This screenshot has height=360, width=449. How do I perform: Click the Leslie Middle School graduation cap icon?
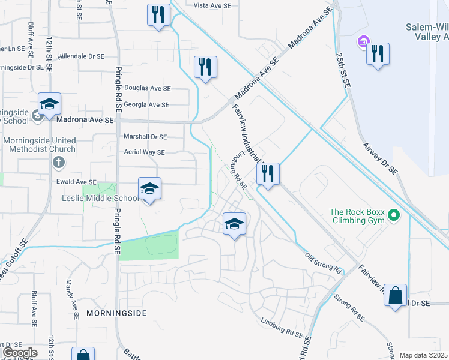(149, 189)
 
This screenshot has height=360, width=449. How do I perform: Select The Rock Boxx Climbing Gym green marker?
(394, 214)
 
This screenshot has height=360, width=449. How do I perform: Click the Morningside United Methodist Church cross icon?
(58, 162)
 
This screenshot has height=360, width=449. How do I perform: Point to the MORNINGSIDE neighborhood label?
(116, 313)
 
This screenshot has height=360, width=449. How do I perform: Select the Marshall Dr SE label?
(145, 136)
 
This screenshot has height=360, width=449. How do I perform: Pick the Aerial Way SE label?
(144, 152)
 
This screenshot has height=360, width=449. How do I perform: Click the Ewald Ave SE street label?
(76, 182)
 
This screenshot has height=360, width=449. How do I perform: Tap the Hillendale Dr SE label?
(81, 56)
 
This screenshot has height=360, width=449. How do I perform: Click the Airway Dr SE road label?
(379, 157)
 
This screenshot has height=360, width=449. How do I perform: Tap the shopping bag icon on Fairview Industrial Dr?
(395, 295)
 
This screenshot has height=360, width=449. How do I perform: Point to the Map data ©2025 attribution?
(424, 355)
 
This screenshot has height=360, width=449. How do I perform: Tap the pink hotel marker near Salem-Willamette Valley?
(363, 41)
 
